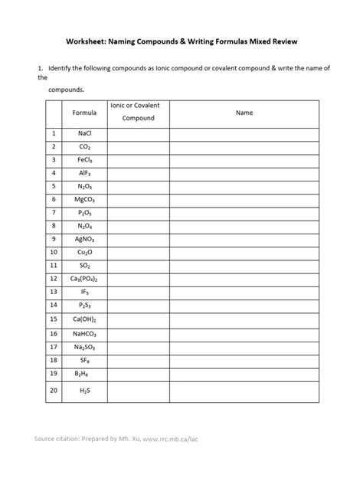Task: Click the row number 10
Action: [x=54, y=251]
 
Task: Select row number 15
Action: [x=54, y=319]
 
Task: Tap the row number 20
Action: [x=54, y=391]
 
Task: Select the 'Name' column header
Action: [x=244, y=112]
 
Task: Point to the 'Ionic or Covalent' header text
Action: [x=138, y=105]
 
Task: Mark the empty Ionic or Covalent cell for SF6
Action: [x=138, y=359]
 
